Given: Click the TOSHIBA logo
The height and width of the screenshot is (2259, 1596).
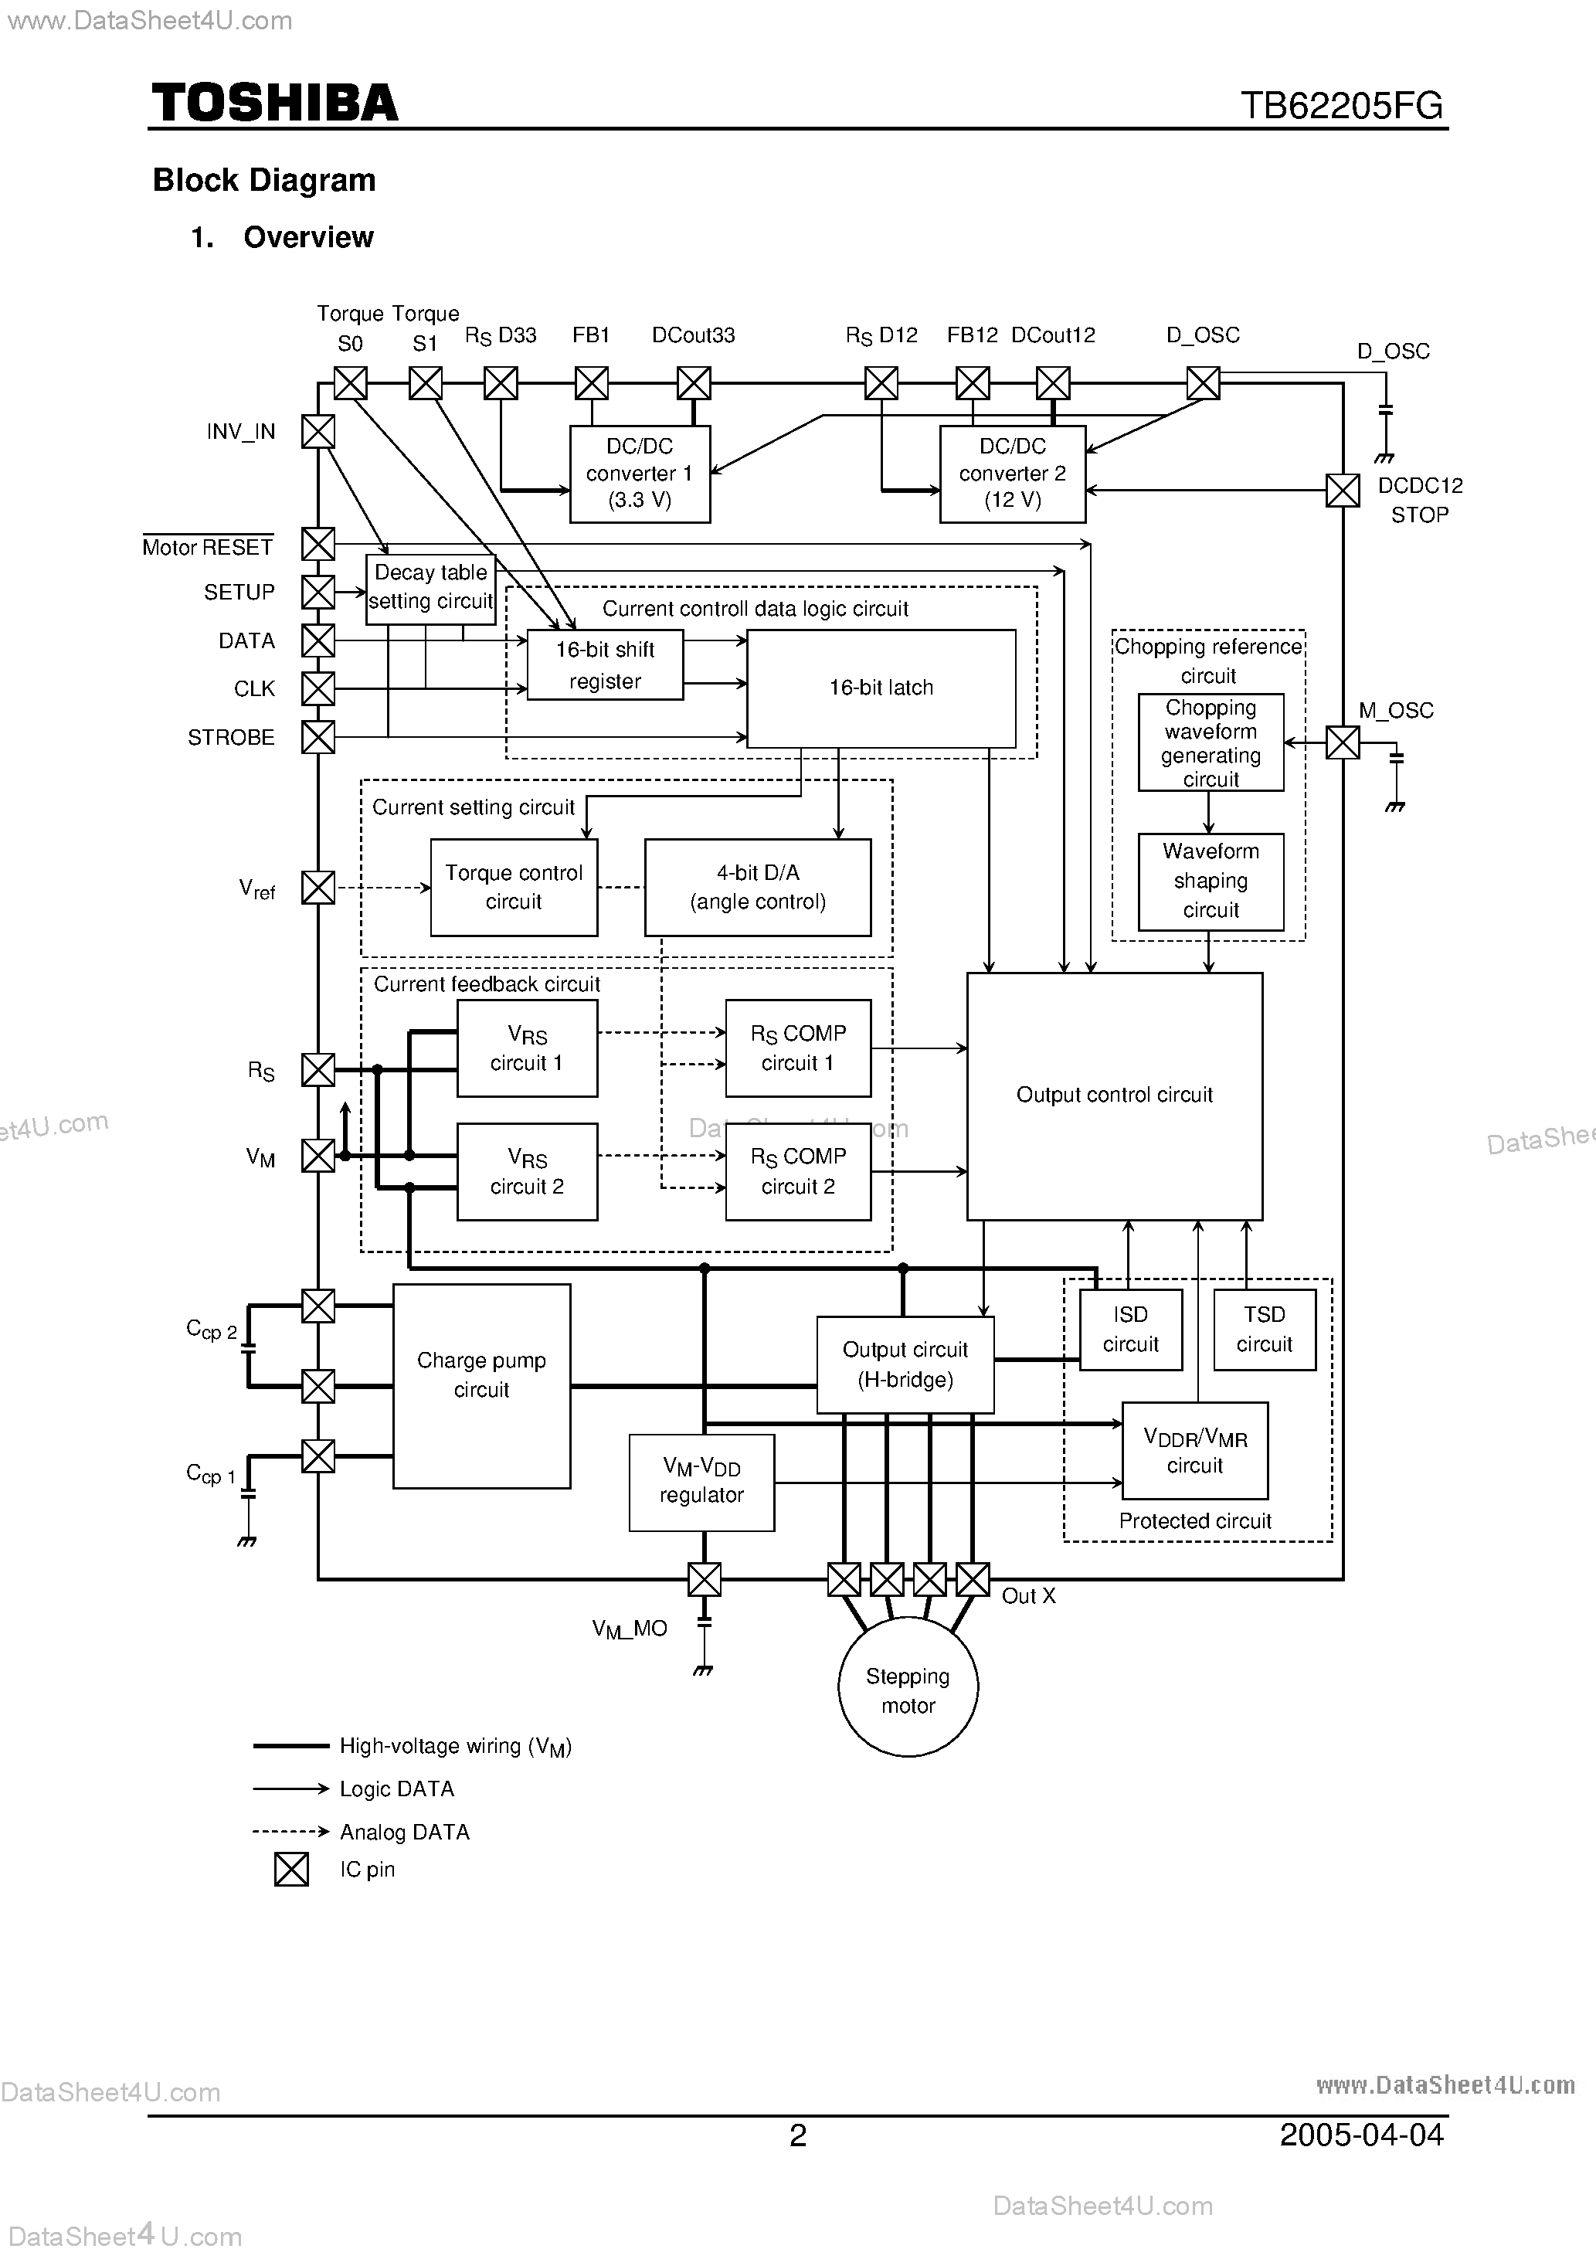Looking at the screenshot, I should tap(274, 104).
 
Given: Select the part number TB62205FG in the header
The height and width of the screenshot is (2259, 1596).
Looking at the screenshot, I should tap(1340, 105).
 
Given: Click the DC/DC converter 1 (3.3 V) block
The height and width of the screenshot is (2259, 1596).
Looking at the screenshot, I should tap(640, 474).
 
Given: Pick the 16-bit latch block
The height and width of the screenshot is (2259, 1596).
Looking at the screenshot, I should tap(881, 688).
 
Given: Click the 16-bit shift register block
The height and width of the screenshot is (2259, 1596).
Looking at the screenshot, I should tap(604, 665).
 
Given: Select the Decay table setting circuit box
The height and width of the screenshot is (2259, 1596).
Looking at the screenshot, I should tap(430, 587).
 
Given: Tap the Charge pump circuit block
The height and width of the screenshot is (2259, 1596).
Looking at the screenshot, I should tap(481, 1385).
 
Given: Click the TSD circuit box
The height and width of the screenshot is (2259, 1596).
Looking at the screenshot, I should tap(1263, 1330).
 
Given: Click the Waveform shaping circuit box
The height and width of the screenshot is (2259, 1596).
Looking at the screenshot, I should tap(1211, 881).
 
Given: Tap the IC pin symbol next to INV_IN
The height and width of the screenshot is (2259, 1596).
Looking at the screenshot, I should tap(318, 431).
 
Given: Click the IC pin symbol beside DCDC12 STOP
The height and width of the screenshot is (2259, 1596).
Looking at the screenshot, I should tap(1342, 490).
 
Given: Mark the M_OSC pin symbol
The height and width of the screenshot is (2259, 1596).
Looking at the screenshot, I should tap(1342, 743).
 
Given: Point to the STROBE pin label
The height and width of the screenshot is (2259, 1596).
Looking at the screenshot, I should tap(231, 738).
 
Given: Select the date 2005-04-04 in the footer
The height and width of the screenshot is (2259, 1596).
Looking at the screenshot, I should tap(1361, 2134).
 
